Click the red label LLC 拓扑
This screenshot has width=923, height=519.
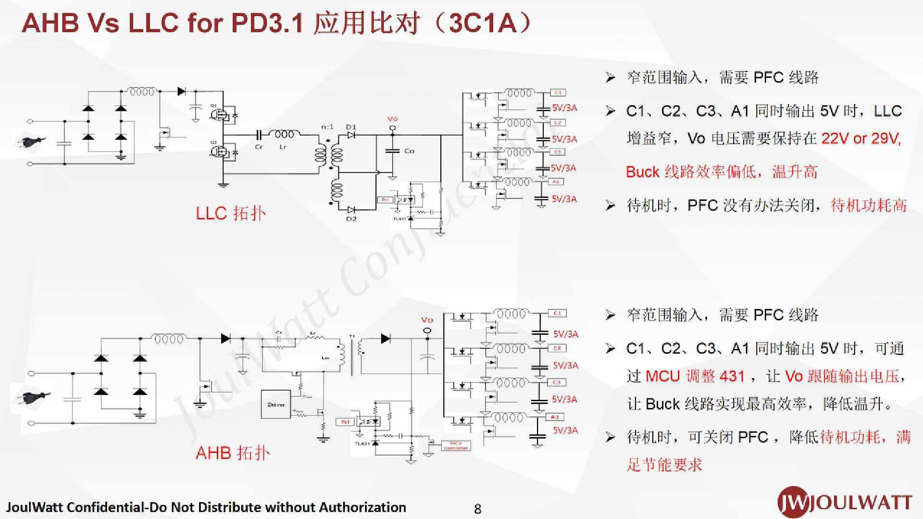tap(230, 213)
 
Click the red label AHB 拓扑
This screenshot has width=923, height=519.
tap(233, 453)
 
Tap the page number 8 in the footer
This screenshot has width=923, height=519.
tap(477, 509)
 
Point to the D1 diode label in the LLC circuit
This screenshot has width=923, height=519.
tap(351, 127)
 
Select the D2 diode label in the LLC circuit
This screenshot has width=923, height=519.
tap(351, 219)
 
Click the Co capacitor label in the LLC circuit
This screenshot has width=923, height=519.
tap(409, 151)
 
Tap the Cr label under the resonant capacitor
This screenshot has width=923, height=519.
tap(259, 147)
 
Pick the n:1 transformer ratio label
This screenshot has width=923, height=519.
tap(327, 127)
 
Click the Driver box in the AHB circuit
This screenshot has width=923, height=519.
tap(276, 405)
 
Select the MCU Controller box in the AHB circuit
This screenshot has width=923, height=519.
tap(455, 445)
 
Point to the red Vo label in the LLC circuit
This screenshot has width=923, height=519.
tap(392, 119)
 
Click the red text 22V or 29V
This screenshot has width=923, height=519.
tap(861, 138)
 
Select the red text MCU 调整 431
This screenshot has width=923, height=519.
tap(695, 376)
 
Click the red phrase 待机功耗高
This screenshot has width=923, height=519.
tap(869, 205)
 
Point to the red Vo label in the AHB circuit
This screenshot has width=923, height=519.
tap(427, 320)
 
